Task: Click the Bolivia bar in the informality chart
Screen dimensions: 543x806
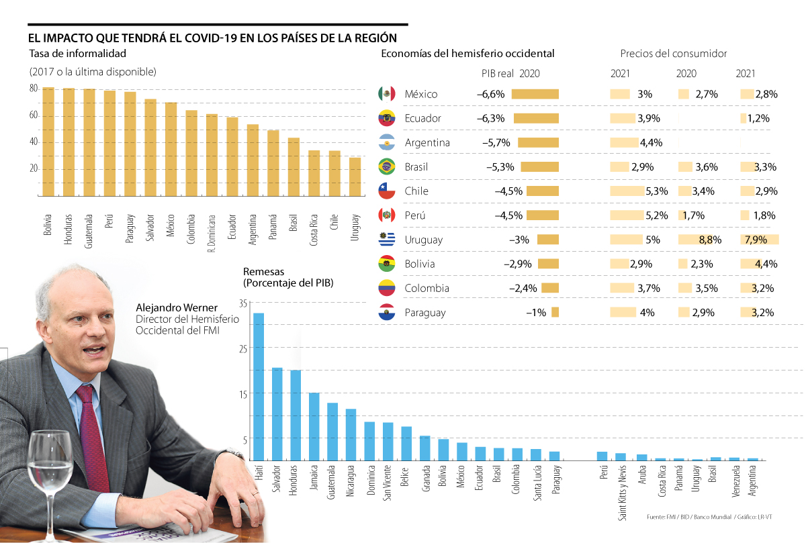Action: (x=48, y=141)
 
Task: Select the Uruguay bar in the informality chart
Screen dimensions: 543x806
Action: (x=355, y=176)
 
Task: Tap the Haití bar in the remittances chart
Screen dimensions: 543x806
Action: (x=259, y=386)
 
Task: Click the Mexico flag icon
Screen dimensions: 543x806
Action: (x=386, y=94)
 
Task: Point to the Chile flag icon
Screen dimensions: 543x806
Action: (x=386, y=191)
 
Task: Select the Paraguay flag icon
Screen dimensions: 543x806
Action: (x=386, y=313)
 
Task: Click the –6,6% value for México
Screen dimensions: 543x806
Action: (x=490, y=95)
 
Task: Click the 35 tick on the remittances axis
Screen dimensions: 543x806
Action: (x=242, y=303)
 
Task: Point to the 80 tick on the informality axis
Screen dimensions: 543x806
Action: (x=33, y=89)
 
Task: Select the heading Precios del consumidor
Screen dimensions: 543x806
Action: (x=673, y=54)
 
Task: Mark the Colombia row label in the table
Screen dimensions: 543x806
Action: (x=426, y=289)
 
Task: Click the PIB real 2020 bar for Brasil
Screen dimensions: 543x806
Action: (x=539, y=167)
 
